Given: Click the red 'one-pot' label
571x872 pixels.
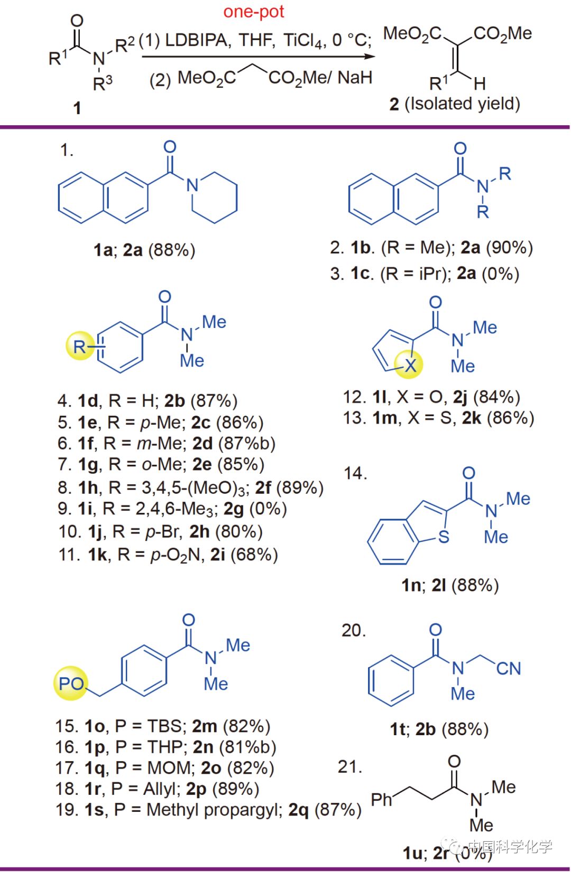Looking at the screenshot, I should click(x=254, y=12).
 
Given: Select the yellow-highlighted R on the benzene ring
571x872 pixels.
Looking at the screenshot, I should click(x=80, y=346).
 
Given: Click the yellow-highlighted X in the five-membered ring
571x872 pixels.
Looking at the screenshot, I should click(x=411, y=365).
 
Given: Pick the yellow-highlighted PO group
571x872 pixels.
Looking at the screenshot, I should click(x=71, y=683).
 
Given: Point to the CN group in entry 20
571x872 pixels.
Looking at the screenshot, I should click(x=509, y=669).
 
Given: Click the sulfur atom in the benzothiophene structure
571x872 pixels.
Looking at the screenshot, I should click(x=444, y=537).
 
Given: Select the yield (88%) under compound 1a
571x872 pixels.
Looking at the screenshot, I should click(x=172, y=250).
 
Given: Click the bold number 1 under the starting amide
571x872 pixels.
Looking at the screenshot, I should click(x=77, y=108).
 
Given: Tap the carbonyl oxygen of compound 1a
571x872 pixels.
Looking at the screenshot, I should click(x=170, y=147).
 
